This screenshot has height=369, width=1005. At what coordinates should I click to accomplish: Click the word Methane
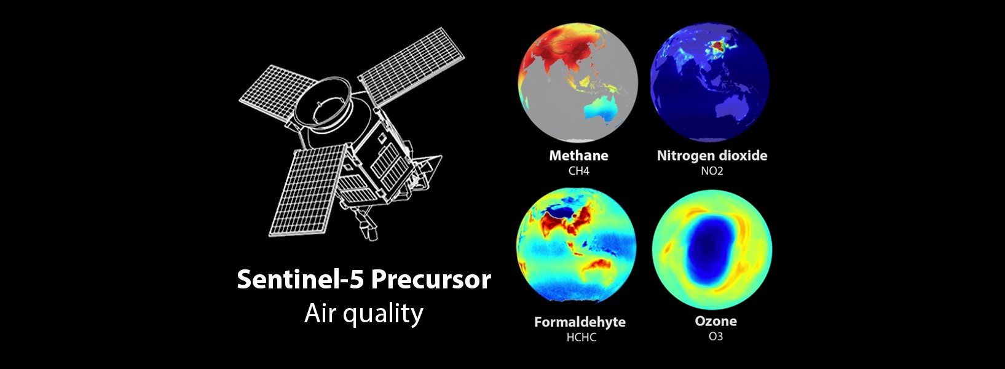[578, 156]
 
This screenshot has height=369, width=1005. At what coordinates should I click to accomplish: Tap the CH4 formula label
[578, 171]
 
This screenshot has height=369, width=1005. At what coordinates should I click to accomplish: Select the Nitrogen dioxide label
[712, 156]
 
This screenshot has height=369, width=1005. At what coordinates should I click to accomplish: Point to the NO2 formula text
[712, 171]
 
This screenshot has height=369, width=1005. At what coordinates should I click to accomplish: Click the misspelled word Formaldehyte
[580, 322]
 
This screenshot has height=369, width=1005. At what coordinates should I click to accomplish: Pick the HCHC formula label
[581, 337]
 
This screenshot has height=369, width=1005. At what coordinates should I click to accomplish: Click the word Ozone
[715, 321]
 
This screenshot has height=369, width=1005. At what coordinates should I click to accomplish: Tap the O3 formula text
[715, 336]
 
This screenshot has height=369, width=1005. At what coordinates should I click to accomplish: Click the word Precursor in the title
[431, 280]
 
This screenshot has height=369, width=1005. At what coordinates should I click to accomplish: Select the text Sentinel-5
[301, 280]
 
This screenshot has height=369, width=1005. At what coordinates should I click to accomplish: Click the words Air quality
[364, 314]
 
